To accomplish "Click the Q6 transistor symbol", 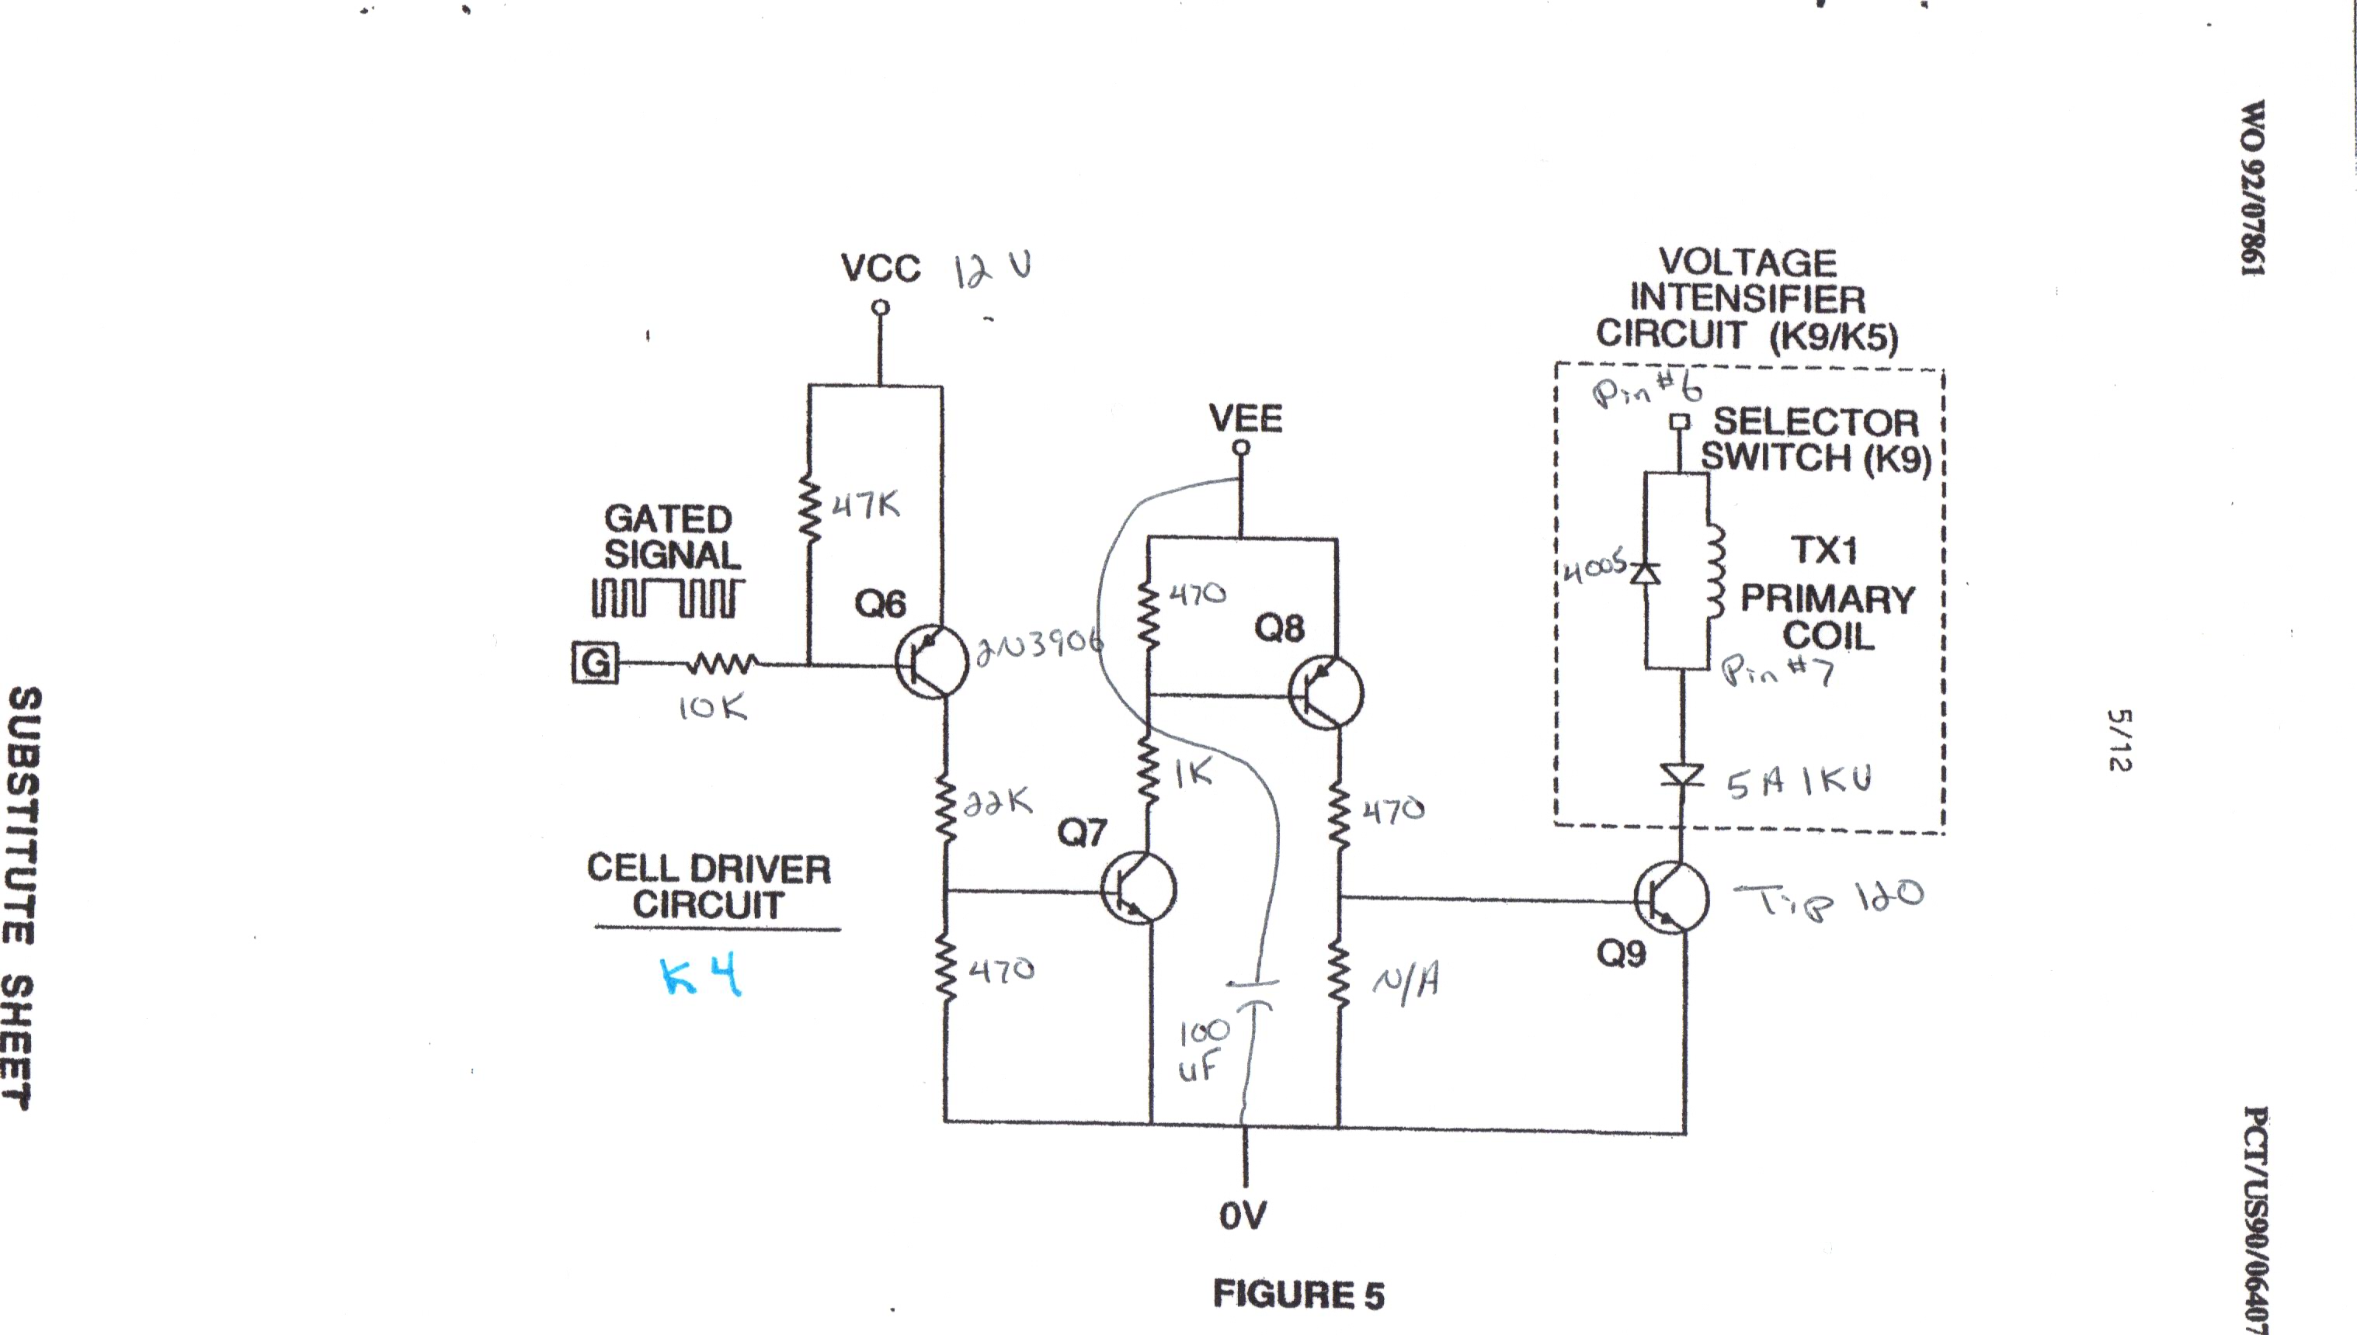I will (931, 662).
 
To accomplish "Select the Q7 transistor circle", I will (1139, 888).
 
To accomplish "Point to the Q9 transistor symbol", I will (1671, 898).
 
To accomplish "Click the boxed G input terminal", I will (595, 662).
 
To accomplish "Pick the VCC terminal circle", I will (881, 308).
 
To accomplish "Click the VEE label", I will (1245, 419).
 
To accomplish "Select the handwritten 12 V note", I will (993, 269).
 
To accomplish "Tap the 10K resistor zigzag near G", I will (724, 662).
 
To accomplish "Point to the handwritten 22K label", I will (998, 801).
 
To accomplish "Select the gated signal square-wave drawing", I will (667, 597).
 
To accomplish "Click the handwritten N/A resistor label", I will (1405, 982).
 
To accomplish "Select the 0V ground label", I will (1243, 1215).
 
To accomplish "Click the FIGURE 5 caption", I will (1298, 1295).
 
